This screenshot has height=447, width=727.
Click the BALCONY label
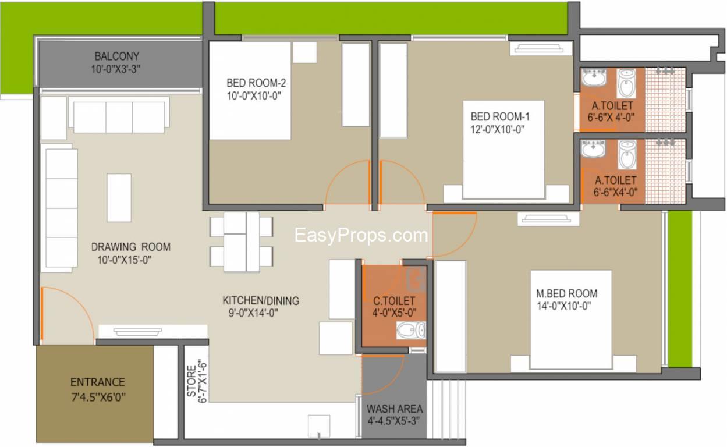(x=117, y=56)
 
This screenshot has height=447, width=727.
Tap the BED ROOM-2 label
(x=256, y=83)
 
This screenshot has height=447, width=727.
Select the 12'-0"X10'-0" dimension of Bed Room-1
(x=498, y=130)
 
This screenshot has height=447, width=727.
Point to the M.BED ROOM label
(x=567, y=293)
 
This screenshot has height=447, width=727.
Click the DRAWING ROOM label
(x=131, y=247)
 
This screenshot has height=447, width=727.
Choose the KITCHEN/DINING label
(x=261, y=300)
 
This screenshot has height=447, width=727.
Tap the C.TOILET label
(x=394, y=301)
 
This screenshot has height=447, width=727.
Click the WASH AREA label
(x=395, y=409)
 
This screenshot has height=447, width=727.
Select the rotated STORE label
(x=191, y=381)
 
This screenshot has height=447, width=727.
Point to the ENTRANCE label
(x=98, y=382)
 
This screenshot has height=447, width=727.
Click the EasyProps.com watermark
(x=361, y=235)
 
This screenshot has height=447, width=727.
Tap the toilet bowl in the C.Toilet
(x=410, y=331)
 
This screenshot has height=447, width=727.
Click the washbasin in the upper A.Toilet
(x=594, y=77)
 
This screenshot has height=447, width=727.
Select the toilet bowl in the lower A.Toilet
(x=627, y=154)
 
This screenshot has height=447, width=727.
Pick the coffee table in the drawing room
(x=119, y=198)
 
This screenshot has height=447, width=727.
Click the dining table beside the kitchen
(x=242, y=242)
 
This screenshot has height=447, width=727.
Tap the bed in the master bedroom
(x=571, y=320)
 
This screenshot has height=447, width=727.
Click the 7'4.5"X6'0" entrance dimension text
(x=98, y=397)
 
